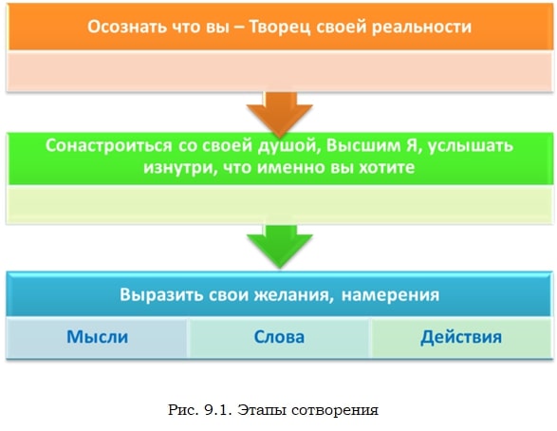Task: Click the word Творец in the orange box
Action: [279, 28]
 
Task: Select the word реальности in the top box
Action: [421, 28]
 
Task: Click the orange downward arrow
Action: [280, 115]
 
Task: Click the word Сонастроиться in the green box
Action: [109, 145]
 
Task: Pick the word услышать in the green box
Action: [471, 146]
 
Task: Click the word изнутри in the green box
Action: [180, 167]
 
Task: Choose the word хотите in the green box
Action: [387, 167]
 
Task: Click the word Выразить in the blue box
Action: [161, 295]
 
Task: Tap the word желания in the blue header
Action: [293, 295]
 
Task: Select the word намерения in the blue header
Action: [390, 295]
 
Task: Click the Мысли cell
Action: [97, 338]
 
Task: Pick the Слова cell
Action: [279, 338]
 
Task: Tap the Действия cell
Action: [461, 338]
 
